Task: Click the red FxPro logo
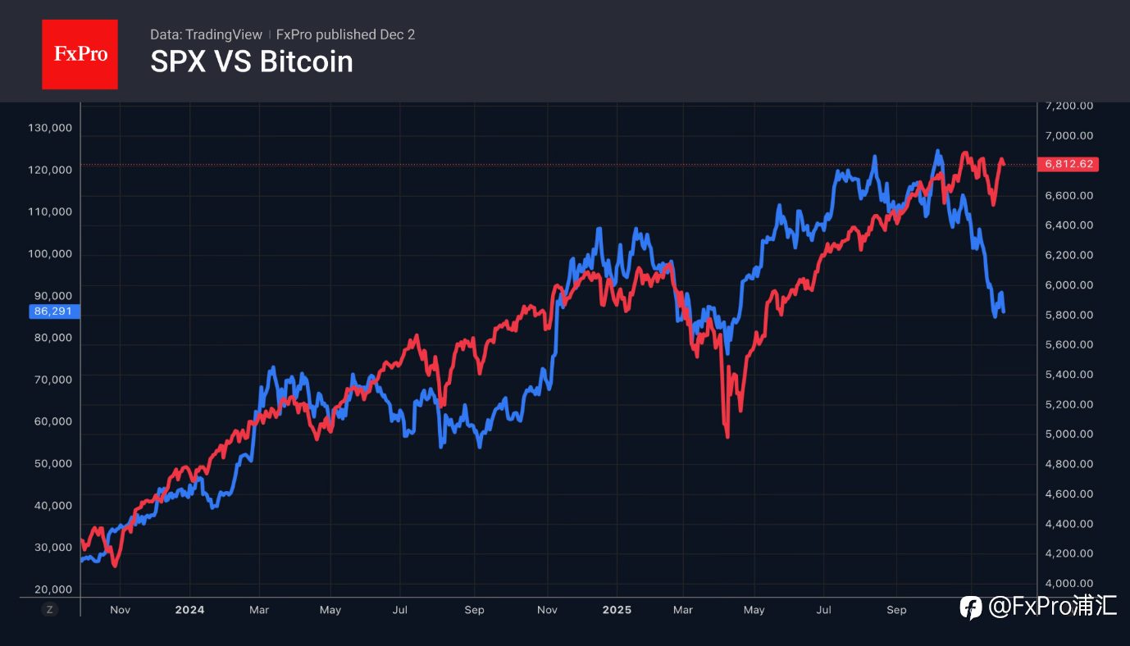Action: [x=80, y=54]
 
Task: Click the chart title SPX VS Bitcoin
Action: [x=252, y=61]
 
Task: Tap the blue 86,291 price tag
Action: [x=50, y=312]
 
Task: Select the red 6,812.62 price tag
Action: [x=1068, y=164]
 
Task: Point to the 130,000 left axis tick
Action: [x=50, y=128]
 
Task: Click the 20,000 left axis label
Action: [x=53, y=589]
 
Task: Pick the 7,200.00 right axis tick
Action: [x=1068, y=106]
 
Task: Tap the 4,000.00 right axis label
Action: [x=1068, y=583]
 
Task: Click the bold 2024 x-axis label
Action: [x=189, y=610]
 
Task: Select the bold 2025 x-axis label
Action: [x=617, y=610]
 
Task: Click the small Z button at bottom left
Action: [x=50, y=609]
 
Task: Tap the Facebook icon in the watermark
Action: [x=971, y=607]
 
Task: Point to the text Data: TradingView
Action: [x=206, y=34]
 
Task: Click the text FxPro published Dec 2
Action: [x=345, y=34]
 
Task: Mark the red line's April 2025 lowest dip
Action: [x=727, y=436]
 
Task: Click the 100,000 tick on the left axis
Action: [x=50, y=253]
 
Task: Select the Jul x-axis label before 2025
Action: [x=401, y=610]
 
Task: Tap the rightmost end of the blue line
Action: [x=1004, y=311]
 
